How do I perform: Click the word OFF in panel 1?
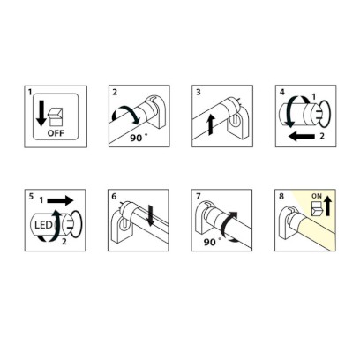click(x=56, y=133)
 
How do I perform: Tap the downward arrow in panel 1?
click(x=41, y=113)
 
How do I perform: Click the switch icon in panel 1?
click(x=56, y=116)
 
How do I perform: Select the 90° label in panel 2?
click(x=139, y=138)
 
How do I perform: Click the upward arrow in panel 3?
click(x=210, y=125)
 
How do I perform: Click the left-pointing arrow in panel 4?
click(x=302, y=136)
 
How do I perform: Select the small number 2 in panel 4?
click(x=322, y=136)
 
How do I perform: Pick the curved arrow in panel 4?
click(x=289, y=113)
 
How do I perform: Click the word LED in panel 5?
click(x=43, y=226)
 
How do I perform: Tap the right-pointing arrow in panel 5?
click(x=60, y=200)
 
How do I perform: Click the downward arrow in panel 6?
click(x=152, y=216)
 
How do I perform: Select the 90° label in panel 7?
click(x=212, y=242)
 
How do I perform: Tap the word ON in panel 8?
click(x=317, y=196)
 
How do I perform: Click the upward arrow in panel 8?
click(x=328, y=206)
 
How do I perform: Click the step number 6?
click(x=114, y=196)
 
